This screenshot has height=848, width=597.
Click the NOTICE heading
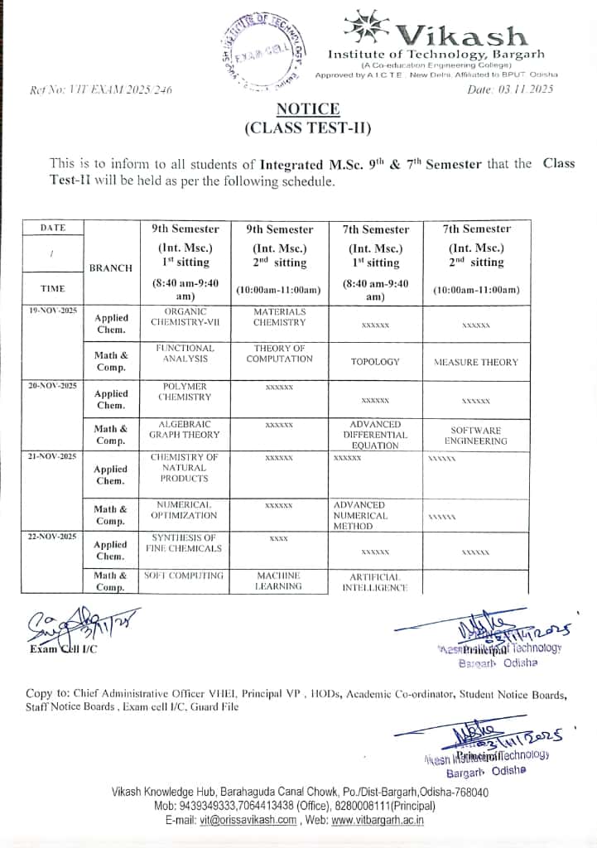click(307, 109)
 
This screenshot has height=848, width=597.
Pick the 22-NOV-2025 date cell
click(52, 537)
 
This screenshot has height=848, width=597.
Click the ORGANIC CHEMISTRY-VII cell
click(185, 317)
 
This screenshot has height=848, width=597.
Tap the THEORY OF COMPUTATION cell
click(280, 354)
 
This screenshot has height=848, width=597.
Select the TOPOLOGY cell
click(375, 362)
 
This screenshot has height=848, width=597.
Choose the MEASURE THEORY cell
click(476, 362)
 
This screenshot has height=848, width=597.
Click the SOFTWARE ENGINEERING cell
click(476, 436)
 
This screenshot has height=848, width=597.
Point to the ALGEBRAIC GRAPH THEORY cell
click(185, 429)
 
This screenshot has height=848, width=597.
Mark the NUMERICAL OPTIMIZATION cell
click(185, 509)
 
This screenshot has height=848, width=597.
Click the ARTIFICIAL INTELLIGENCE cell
click(375, 582)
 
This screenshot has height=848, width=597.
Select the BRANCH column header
click(111, 268)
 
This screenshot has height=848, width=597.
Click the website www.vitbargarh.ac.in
click(378, 820)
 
